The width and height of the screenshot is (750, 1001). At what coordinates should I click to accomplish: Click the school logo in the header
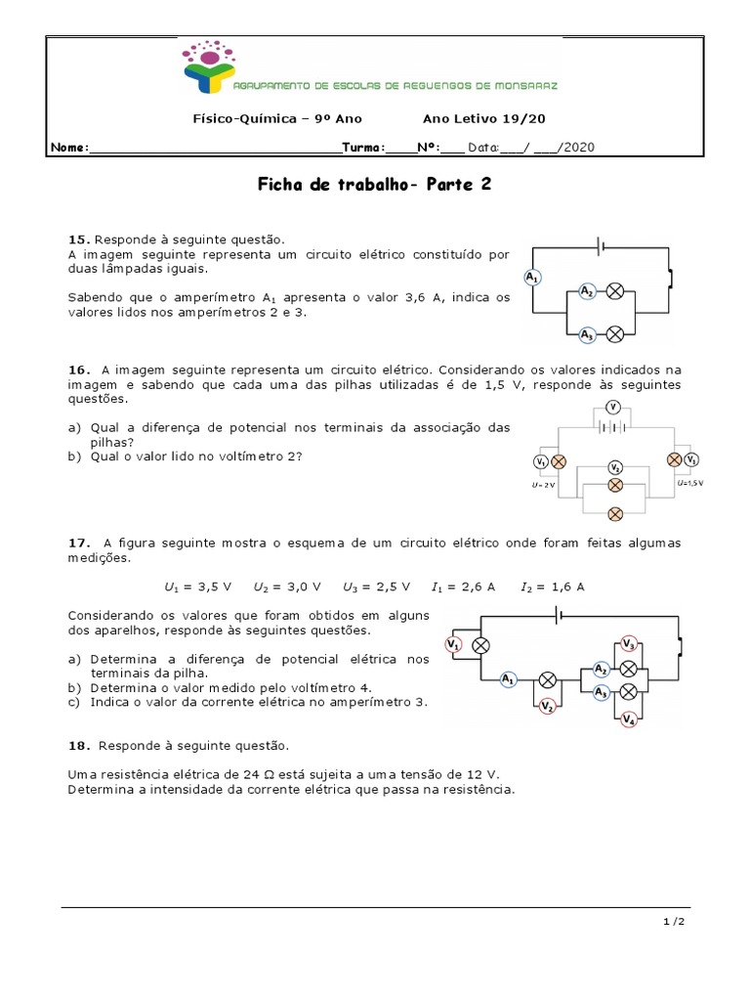[x=208, y=70]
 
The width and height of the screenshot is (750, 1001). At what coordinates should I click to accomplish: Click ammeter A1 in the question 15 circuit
[x=532, y=279]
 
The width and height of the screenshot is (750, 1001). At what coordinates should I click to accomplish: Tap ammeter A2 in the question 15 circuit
[x=586, y=291]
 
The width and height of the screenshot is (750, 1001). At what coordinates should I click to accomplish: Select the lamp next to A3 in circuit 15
[x=615, y=334]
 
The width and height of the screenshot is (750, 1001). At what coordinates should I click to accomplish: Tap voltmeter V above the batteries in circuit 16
[x=612, y=407]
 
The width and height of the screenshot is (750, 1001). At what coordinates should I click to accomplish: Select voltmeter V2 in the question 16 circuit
[x=614, y=467]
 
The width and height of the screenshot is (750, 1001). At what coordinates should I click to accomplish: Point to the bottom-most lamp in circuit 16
[x=615, y=513]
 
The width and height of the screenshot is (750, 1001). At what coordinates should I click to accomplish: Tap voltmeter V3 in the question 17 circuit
[x=629, y=644]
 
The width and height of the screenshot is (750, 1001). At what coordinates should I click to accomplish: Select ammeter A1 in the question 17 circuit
[x=508, y=678]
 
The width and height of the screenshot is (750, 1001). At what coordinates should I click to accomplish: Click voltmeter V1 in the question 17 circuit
[x=453, y=644]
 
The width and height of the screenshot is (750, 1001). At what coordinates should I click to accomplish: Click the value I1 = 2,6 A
[x=464, y=587]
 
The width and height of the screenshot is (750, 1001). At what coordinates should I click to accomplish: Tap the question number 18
[x=78, y=746]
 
